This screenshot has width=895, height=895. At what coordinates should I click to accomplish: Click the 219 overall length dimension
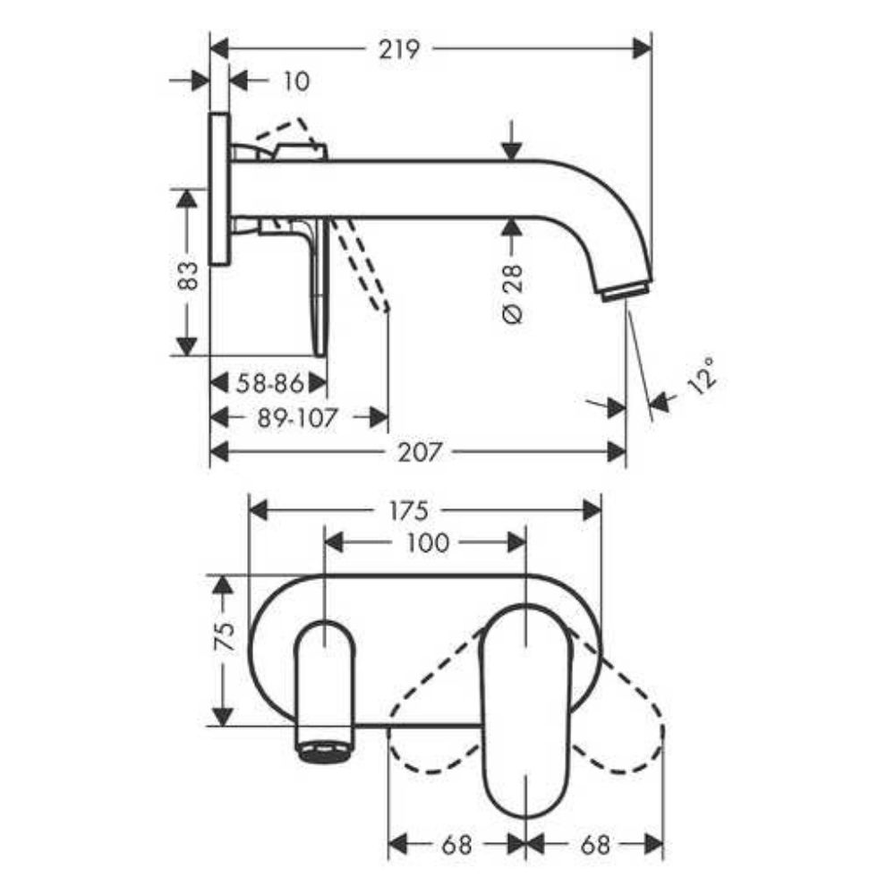point(399,49)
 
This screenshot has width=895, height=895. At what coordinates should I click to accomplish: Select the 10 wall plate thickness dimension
point(297,81)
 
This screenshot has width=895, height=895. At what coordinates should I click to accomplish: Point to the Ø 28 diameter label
point(513,294)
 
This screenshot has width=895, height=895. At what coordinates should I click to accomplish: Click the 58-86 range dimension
point(269,384)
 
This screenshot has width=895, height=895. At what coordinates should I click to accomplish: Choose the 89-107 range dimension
point(297,418)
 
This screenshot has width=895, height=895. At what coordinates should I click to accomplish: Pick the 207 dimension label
point(420,452)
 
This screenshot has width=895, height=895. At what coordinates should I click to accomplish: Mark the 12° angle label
point(702,376)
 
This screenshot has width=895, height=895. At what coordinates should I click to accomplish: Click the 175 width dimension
point(408,510)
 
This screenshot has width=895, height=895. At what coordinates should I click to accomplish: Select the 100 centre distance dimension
point(428,543)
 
